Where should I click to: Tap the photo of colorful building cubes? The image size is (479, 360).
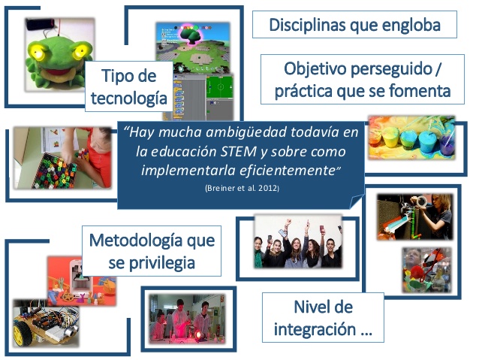point(60,162)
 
